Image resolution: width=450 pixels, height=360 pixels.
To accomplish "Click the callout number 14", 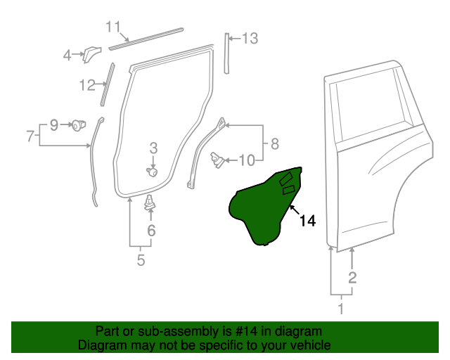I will (307, 221).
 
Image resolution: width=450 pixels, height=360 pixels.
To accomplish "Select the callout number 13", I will (250, 39).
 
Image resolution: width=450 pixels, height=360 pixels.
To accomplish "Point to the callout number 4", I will (67, 54).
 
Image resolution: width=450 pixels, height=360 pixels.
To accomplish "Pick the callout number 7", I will (30, 136).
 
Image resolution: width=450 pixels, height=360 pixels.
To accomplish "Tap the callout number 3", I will (153, 148).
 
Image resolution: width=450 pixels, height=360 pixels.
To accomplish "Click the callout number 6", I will (151, 230).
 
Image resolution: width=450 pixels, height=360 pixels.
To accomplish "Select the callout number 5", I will (141, 261).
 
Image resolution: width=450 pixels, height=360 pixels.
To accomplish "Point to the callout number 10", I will (246, 160).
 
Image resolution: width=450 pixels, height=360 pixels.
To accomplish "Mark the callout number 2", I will (352, 277).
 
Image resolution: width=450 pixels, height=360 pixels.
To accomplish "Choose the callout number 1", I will (342, 308).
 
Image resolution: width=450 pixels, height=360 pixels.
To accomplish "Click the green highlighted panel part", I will (264, 207).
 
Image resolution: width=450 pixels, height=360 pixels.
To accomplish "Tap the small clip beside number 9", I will (77, 125).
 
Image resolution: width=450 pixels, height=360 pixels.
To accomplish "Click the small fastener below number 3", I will (151, 171).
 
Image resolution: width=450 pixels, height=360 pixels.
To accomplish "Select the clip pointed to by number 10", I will (218, 160).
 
